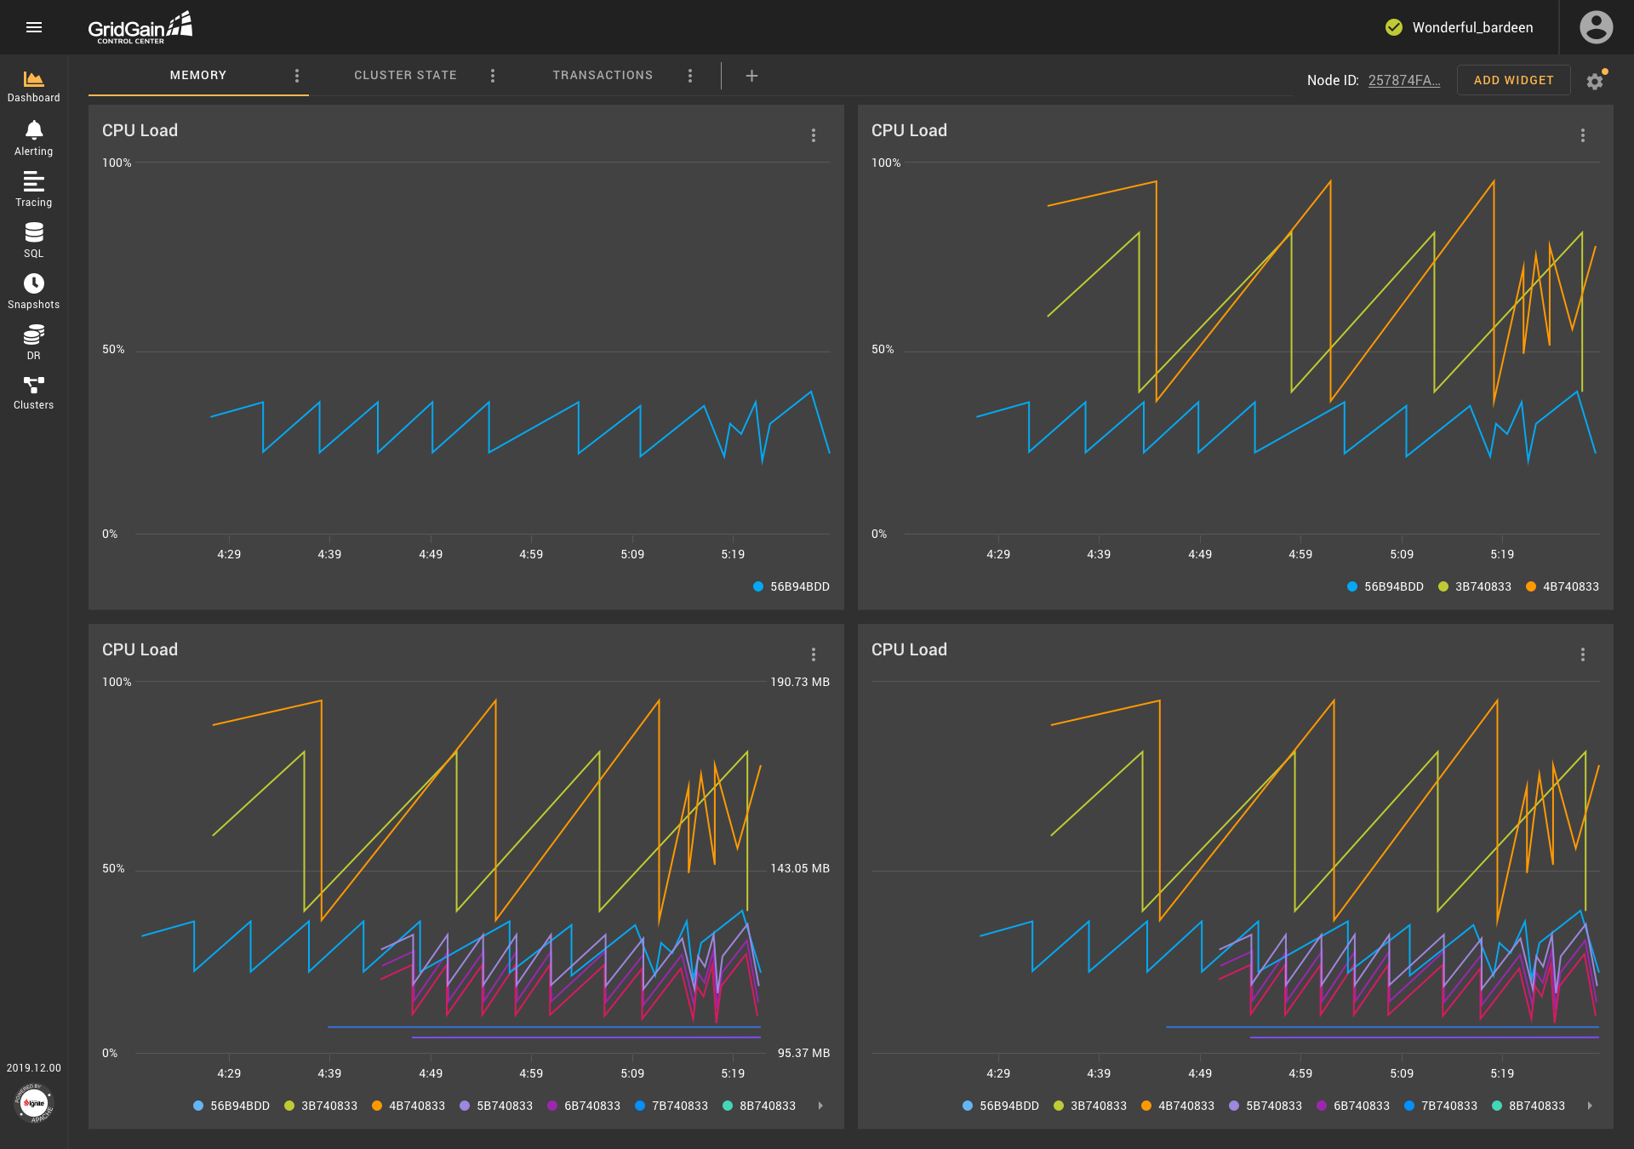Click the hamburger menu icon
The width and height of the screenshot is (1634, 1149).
pyautogui.click(x=34, y=27)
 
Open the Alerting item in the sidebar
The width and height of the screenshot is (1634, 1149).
pyautogui.click(x=34, y=138)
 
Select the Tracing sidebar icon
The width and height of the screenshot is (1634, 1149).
pyautogui.click(x=34, y=189)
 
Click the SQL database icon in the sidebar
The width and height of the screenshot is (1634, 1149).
pyautogui.click(x=34, y=240)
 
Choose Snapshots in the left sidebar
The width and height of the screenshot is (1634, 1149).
pyautogui.click(x=34, y=291)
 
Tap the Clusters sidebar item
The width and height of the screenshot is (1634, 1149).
pyautogui.click(x=34, y=392)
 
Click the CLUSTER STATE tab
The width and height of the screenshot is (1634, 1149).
pyautogui.click(x=405, y=75)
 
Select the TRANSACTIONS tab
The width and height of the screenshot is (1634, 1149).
pyautogui.click(x=603, y=75)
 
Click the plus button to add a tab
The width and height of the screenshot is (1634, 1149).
pyautogui.click(x=751, y=76)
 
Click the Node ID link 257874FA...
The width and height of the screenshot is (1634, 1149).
pyautogui.click(x=1404, y=80)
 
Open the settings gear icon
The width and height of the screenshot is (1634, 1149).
pyautogui.click(x=1595, y=81)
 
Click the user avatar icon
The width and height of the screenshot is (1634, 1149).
pyautogui.click(x=1596, y=27)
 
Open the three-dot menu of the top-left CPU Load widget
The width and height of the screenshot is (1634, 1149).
pyautogui.click(x=814, y=135)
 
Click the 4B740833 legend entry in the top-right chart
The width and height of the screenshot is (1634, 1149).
pyautogui.click(x=1563, y=586)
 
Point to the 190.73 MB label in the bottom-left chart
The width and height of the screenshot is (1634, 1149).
pyautogui.click(x=800, y=682)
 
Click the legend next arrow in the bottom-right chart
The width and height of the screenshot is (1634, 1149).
pyautogui.click(x=1590, y=1106)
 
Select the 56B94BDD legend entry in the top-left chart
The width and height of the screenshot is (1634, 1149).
pyautogui.click(x=791, y=586)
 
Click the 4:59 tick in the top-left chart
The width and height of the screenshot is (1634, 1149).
pyautogui.click(x=531, y=554)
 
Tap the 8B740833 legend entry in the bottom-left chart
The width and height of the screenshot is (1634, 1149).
pyautogui.click(x=759, y=1106)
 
